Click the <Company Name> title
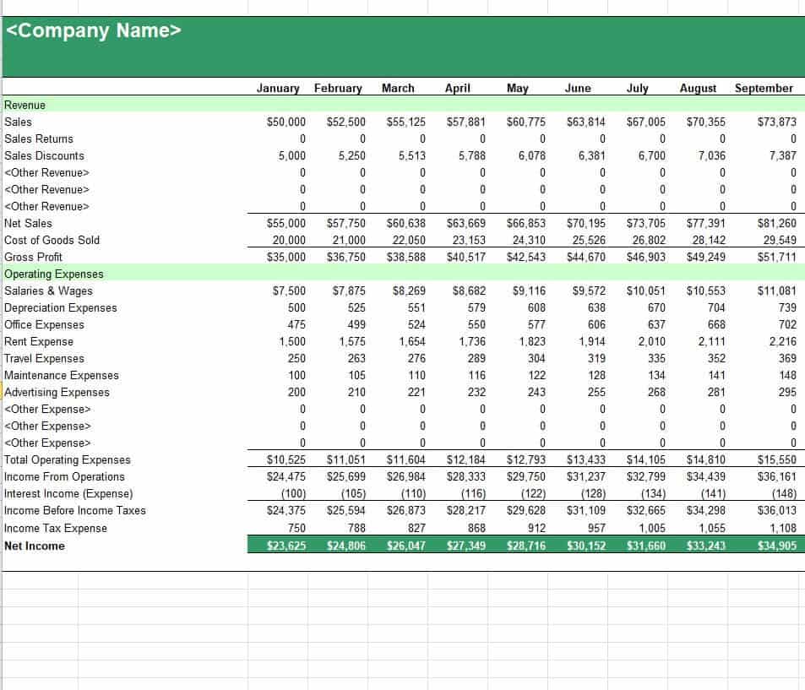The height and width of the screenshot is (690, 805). tap(94, 31)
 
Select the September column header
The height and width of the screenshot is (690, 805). tap(764, 88)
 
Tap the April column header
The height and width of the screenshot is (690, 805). tap(457, 88)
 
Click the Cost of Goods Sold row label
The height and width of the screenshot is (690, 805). tap(52, 240)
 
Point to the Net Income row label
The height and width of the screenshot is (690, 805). tap(35, 546)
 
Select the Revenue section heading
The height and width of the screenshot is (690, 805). tap(24, 105)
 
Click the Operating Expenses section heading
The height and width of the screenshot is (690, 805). tap(54, 274)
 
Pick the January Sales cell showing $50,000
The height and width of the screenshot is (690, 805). tap(286, 122)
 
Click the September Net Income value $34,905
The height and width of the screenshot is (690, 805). tap(777, 546)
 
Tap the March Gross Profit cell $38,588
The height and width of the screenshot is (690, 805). tap(406, 257)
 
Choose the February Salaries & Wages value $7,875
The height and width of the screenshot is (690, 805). tap(346, 291)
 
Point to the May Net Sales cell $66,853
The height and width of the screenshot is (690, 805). tap(526, 223)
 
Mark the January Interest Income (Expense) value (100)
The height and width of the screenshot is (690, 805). tap(293, 493)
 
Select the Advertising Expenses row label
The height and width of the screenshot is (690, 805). tap(57, 392)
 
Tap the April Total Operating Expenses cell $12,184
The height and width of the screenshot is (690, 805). tap(466, 459)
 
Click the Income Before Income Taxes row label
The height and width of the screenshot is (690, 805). tap(74, 510)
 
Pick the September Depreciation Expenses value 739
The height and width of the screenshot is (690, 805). tap(787, 307)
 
